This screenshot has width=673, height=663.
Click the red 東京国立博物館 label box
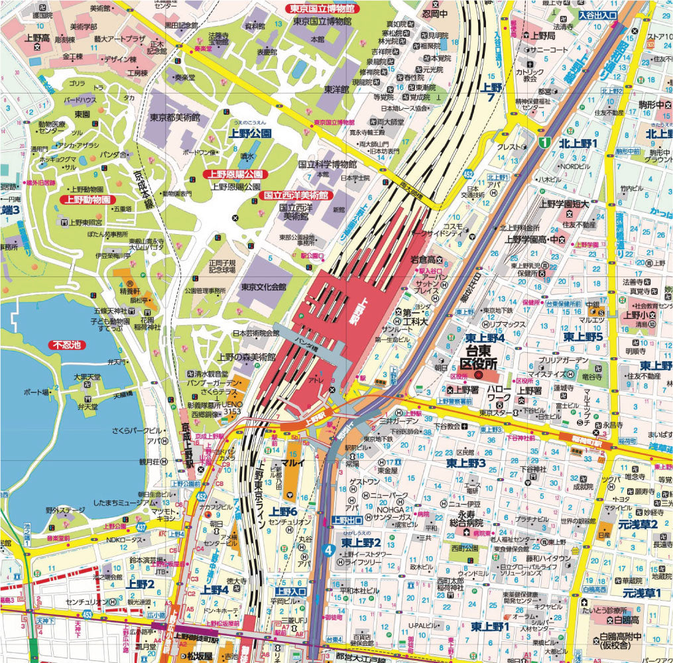321,9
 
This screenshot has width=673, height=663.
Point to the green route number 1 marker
544,142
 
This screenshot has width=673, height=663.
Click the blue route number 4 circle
328,548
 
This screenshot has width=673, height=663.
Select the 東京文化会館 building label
263,287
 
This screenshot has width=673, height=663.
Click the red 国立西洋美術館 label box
296,196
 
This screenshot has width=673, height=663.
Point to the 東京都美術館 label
179,117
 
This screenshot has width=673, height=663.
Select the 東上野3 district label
466,462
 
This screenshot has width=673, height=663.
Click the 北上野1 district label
578,143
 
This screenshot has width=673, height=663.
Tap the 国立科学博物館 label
328,164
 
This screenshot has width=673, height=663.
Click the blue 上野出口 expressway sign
347,520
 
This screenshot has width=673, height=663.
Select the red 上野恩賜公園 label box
233,174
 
